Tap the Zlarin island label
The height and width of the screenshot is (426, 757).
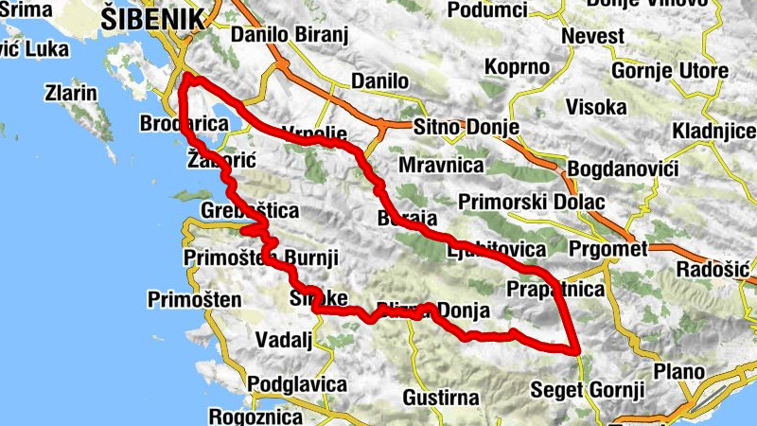pos(71,94)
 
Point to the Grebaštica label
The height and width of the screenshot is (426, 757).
pos(251,210)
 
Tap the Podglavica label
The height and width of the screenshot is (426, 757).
pos(292,384)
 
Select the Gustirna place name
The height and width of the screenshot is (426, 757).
pos(441,397)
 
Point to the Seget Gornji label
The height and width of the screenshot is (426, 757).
pos(588,389)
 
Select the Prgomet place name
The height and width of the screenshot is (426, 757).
pos(609,249)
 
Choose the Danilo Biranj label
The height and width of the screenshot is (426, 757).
pos(290,36)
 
